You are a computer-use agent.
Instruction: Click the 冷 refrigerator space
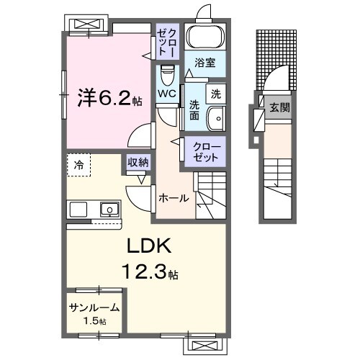click(x=78, y=165)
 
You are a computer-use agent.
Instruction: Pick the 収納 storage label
click(x=138, y=163)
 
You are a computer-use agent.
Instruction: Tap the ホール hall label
click(x=174, y=198)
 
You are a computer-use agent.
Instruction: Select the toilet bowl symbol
click(x=167, y=74)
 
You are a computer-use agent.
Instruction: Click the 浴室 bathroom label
click(x=205, y=63)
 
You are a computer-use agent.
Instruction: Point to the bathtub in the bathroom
click(x=204, y=37)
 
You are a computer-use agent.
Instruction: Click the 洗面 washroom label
click(x=194, y=110)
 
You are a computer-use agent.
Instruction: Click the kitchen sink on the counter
click(x=109, y=210)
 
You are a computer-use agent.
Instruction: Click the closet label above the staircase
click(x=208, y=150)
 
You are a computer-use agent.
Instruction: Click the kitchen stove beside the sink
click(x=78, y=210)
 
